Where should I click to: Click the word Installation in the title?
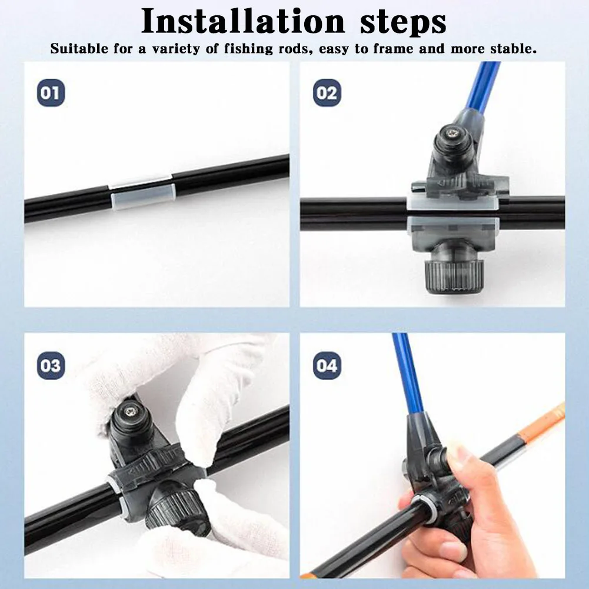pyautogui.click(x=243, y=21)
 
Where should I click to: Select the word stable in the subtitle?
pyautogui.click(x=513, y=48)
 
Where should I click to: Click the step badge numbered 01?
pyautogui.click(x=51, y=93)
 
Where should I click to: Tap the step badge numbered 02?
pyautogui.click(x=327, y=93)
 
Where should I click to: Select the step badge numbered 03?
pyautogui.click(x=51, y=365)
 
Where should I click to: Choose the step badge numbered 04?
pyautogui.click(x=327, y=365)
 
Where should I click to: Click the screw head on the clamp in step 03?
pyautogui.click(x=132, y=413)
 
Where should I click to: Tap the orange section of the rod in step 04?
pyautogui.click(x=541, y=422)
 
